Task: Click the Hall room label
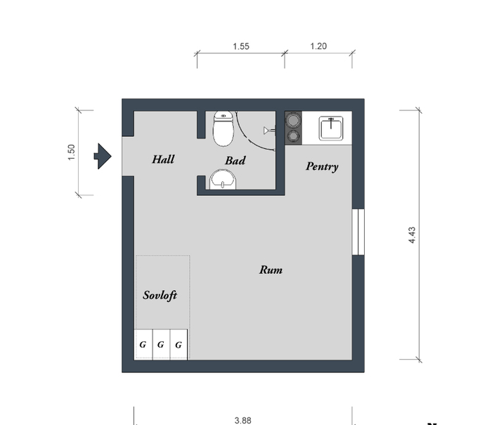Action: click(163, 159)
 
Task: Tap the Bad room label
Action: click(235, 161)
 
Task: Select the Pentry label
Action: click(322, 166)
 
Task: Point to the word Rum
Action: click(271, 270)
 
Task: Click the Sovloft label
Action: click(160, 295)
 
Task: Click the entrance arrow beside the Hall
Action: click(103, 156)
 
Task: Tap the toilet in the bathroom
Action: click(224, 129)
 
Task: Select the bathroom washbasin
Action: click(223, 179)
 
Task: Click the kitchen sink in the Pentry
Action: click(331, 128)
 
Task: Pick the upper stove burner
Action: click(293, 120)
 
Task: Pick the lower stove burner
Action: click(293, 136)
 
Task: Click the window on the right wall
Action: click(358, 232)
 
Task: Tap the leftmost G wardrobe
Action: click(143, 344)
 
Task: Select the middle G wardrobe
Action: click(161, 344)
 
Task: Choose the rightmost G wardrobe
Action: click(179, 344)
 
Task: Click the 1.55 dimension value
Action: click(241, 46)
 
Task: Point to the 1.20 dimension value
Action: click(318, 46)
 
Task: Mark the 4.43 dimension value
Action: click(412, 235)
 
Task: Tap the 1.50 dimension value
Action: click(72, 152)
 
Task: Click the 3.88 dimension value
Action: click(243, 420)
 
